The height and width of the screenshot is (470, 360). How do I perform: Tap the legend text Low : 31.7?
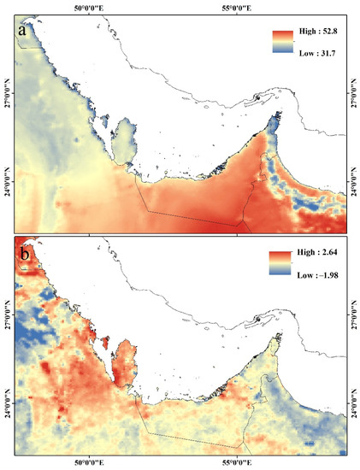(x=317, y=53)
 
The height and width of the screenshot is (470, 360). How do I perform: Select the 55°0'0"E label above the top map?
(x=239, y=8)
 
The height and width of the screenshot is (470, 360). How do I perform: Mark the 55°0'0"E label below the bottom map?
(x=239, y=461)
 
